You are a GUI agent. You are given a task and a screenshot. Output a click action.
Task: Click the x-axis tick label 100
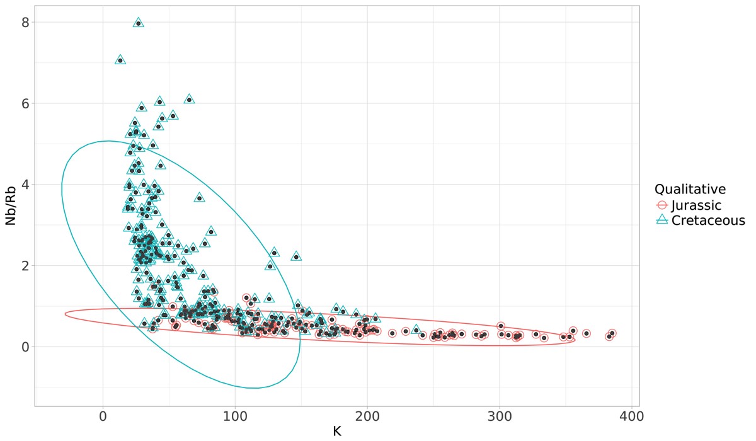tap(235, 418)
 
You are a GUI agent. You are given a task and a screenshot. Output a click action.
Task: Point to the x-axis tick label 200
tap(367, 418)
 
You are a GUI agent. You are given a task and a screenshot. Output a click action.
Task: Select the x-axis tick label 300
tap(499, 418)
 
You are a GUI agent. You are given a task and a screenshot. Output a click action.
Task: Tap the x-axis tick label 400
tap(631, 418)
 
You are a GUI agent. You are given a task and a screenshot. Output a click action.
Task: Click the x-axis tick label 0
tap(103, 418)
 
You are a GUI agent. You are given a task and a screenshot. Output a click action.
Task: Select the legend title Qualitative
tap(690, 189)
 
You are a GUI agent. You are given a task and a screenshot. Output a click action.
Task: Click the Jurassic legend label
tap(696, 205)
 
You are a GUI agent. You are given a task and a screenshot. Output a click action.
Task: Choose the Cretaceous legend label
tap(708, 220)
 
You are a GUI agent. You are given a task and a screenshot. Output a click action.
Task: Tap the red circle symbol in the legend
tap(661, 205)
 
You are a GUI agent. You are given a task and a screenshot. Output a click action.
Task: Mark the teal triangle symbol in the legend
tap(661, 220)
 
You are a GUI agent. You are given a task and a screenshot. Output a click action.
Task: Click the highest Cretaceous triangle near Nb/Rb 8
tap(139, 23)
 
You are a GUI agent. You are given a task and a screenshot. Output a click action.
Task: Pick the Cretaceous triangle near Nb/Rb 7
tap(120, 60)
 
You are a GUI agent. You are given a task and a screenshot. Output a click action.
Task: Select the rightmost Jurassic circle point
tap(612, 333)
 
